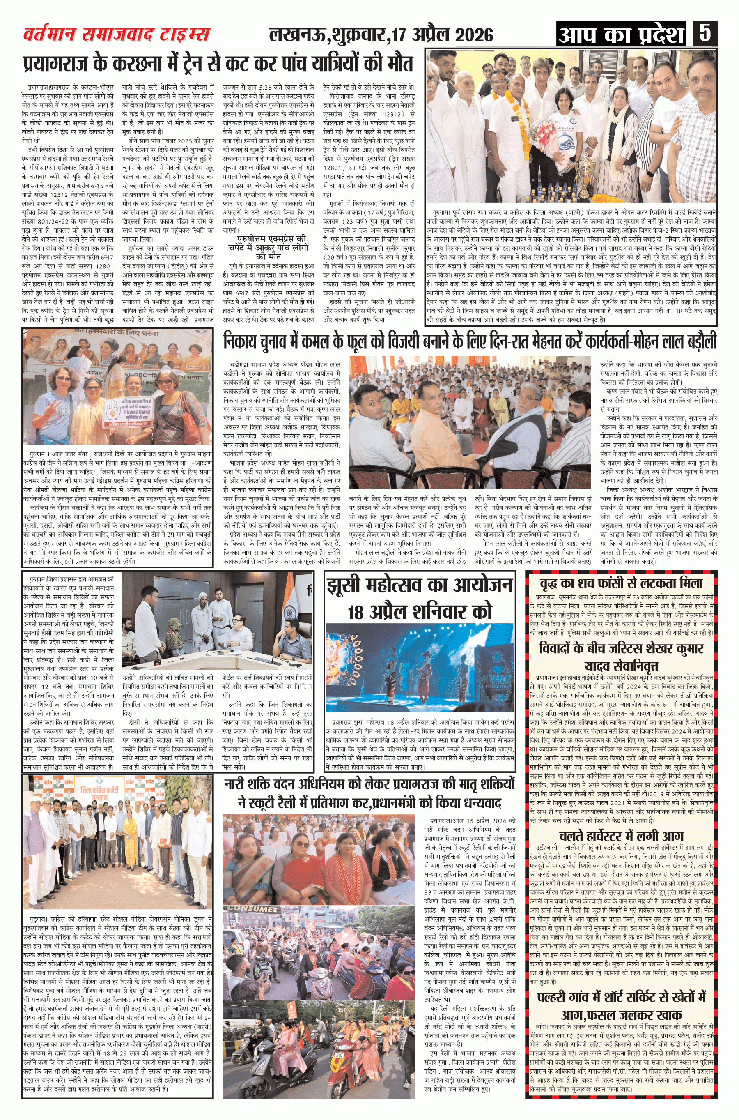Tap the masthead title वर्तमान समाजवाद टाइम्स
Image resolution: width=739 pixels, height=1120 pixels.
(117, 35)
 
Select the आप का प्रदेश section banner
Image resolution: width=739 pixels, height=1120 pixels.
(621, 35)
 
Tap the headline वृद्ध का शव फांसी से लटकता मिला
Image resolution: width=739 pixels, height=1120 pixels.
(621, 584)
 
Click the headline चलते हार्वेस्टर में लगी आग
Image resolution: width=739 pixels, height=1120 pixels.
(621, 836)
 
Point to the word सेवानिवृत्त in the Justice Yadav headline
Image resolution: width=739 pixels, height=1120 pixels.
(621, 666)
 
